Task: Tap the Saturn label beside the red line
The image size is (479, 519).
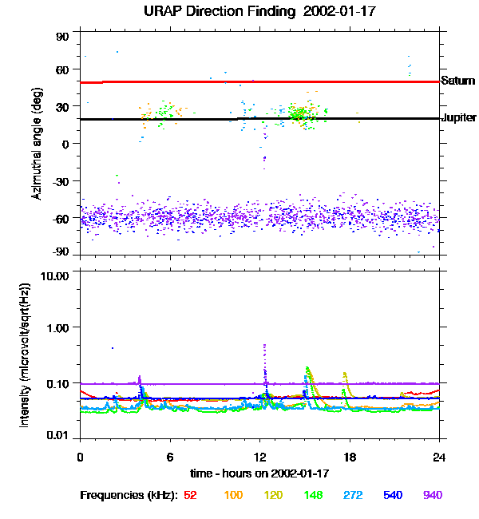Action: [x=457, y=81]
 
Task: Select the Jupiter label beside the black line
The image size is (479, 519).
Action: [x=458, y=118]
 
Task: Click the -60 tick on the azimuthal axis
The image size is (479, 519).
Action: [x=61, y=217]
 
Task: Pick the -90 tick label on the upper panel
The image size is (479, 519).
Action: [x=61, y=253]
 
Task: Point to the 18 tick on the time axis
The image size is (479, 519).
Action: [x=350, y=457]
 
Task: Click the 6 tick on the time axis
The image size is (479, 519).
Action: [x=170, y=457]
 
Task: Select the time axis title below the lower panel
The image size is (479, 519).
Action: [x=259, y=473]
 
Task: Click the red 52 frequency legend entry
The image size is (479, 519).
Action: [x=190, y=495]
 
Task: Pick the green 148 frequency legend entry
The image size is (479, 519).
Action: [x=312, y=495]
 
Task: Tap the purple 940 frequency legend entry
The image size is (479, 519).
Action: [x=432, y=495]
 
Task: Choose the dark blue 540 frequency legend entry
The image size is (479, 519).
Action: [x=392, y=495]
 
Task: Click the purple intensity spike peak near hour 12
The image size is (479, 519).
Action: [x=264, y=346]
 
